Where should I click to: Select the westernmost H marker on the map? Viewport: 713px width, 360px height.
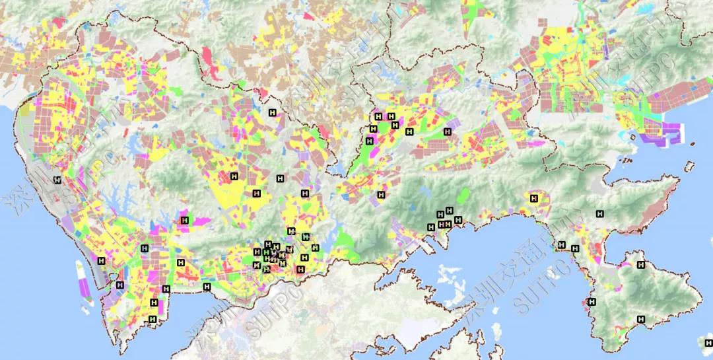57,180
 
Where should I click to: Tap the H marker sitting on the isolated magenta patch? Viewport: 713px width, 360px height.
185,220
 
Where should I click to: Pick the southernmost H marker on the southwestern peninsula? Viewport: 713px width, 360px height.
153,319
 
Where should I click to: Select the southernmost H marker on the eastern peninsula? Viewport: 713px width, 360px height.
640,319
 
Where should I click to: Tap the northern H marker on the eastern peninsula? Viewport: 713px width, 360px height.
640,265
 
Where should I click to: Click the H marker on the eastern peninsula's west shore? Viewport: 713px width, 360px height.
592,302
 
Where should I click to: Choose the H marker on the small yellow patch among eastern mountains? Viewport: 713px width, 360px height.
534,198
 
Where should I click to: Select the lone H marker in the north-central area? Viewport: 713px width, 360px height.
272,113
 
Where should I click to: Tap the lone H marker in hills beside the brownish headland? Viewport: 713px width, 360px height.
599,213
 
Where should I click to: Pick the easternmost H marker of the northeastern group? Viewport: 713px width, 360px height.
447,131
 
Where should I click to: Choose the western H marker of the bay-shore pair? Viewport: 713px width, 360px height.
561,244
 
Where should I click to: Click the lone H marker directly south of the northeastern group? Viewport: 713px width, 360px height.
381,194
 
